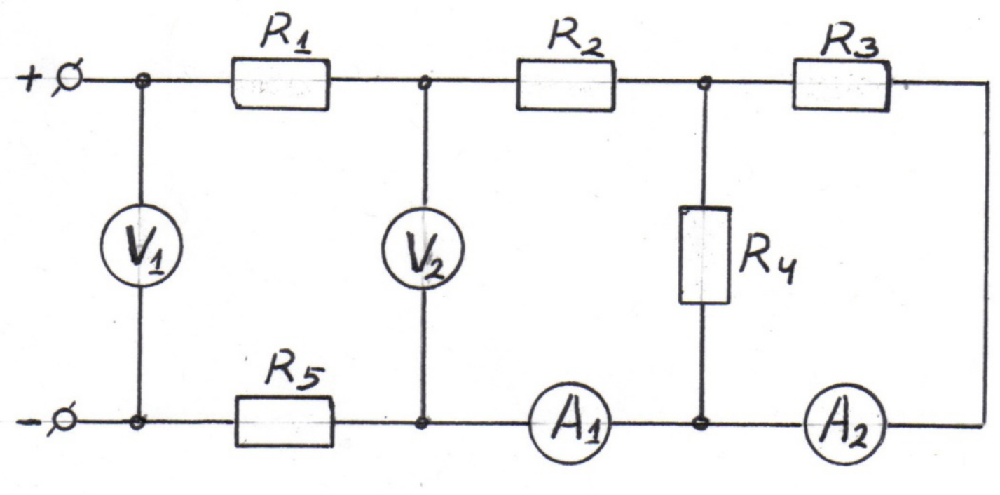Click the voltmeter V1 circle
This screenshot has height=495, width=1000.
[x=101, y=246]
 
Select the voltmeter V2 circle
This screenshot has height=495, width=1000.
[x=383, y=248]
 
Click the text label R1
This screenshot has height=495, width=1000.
[x=286, y=34]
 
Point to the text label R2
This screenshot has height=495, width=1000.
[x=575, y=36]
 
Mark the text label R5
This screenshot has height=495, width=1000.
[x=293, y=375]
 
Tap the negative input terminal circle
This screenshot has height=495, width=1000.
[x=64, y=421]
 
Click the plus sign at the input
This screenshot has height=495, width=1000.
[x=29, y=79]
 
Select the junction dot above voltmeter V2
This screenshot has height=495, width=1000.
[x=425, y=83]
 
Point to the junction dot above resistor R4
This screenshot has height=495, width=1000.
[x=705, y=82]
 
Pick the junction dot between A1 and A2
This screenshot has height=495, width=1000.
[x=701, y=423]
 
